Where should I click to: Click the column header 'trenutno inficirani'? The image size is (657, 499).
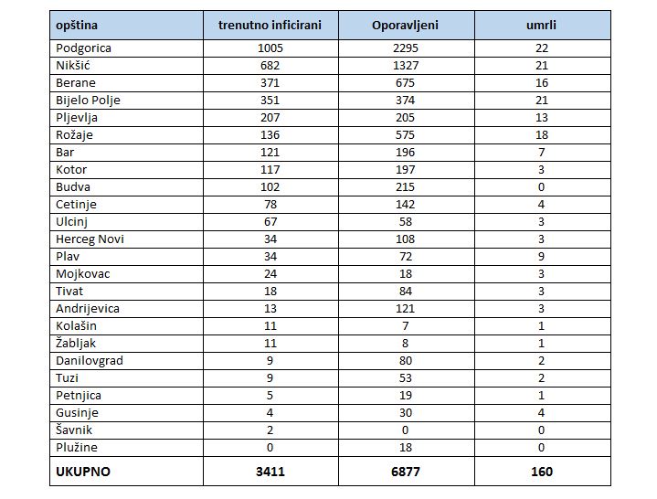270,26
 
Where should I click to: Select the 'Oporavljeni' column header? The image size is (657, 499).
405,26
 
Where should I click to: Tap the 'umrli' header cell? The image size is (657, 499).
541,26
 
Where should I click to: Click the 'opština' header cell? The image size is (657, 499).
77,26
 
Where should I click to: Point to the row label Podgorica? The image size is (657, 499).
83,48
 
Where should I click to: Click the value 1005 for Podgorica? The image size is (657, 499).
270,48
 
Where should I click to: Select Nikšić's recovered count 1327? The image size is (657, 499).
406,66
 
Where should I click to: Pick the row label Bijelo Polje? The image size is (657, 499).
88,101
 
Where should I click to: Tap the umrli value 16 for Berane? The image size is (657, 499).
541,83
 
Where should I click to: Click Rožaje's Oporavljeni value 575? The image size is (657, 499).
405,135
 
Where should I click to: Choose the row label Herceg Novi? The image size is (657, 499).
90,239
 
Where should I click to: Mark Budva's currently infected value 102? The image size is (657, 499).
270,186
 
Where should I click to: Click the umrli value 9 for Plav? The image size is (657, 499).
541,257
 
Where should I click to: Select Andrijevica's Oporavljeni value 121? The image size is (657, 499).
405,309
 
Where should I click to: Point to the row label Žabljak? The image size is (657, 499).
76,343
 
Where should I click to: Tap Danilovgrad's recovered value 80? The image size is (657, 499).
405,361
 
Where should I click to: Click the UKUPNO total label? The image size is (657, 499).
83,472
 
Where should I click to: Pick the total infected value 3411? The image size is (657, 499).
270,472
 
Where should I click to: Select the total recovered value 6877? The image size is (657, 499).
405,472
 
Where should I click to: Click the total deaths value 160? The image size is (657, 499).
541,472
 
